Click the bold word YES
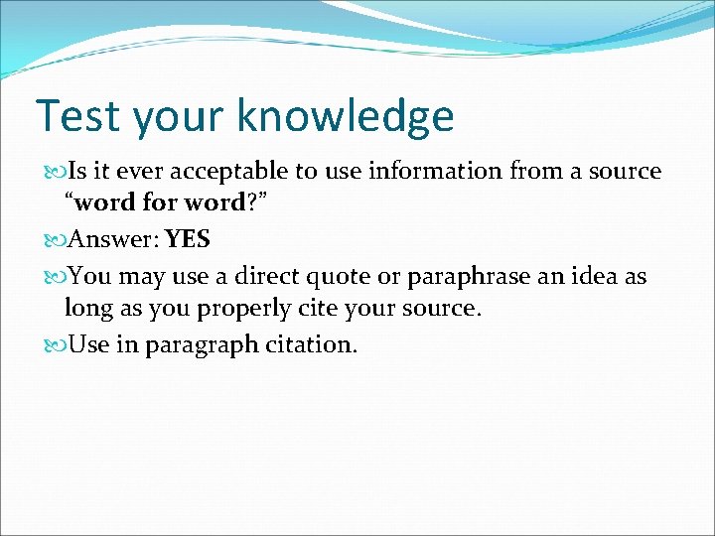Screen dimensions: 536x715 click(x=188, y=239)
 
